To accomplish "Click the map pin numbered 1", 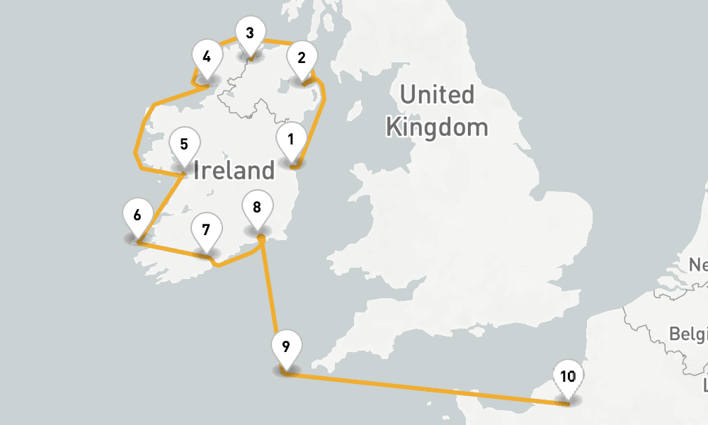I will (x=290, y=140).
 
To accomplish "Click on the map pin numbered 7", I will (x=206, y=230).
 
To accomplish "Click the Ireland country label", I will (x=234, y=170).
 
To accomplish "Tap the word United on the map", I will (x=437, y=94).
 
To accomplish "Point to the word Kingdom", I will (x=437, y=128).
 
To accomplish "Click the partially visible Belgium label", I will (x=690, y=333).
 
